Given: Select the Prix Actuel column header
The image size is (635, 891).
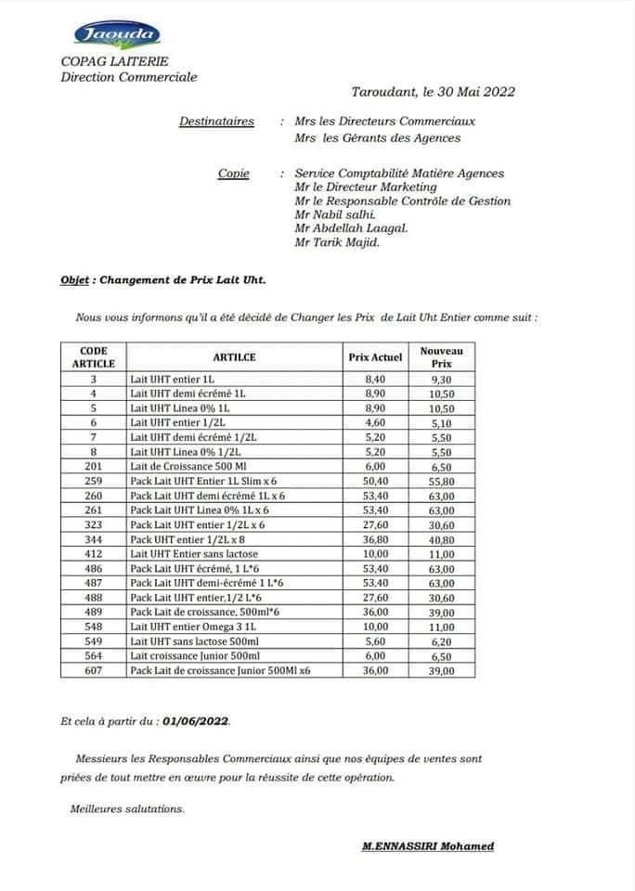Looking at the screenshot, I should [375, 356].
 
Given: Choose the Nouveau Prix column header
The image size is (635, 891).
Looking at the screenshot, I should [442, 356].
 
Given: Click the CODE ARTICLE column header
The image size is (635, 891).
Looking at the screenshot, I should [94, 356].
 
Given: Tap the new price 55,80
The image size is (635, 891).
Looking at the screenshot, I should [442, 483].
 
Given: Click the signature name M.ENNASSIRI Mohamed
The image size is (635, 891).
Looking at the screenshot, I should [428, 846].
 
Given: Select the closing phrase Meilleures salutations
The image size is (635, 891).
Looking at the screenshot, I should [127, 808].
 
